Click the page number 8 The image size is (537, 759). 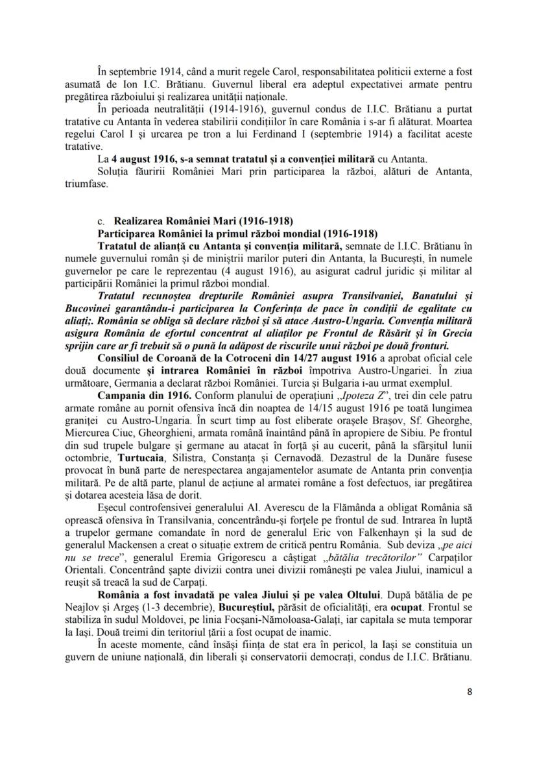pos(470,691)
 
